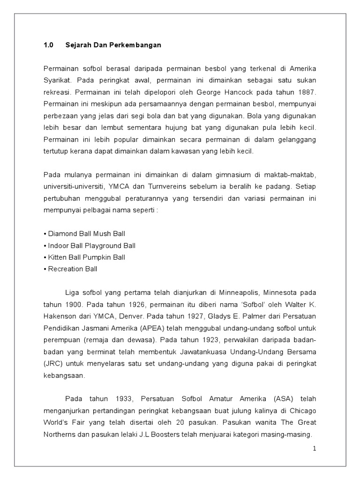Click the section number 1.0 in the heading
pyautogui.click(x=49, y=45)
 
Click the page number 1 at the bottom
pyautogui.click(x=315, y=449)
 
